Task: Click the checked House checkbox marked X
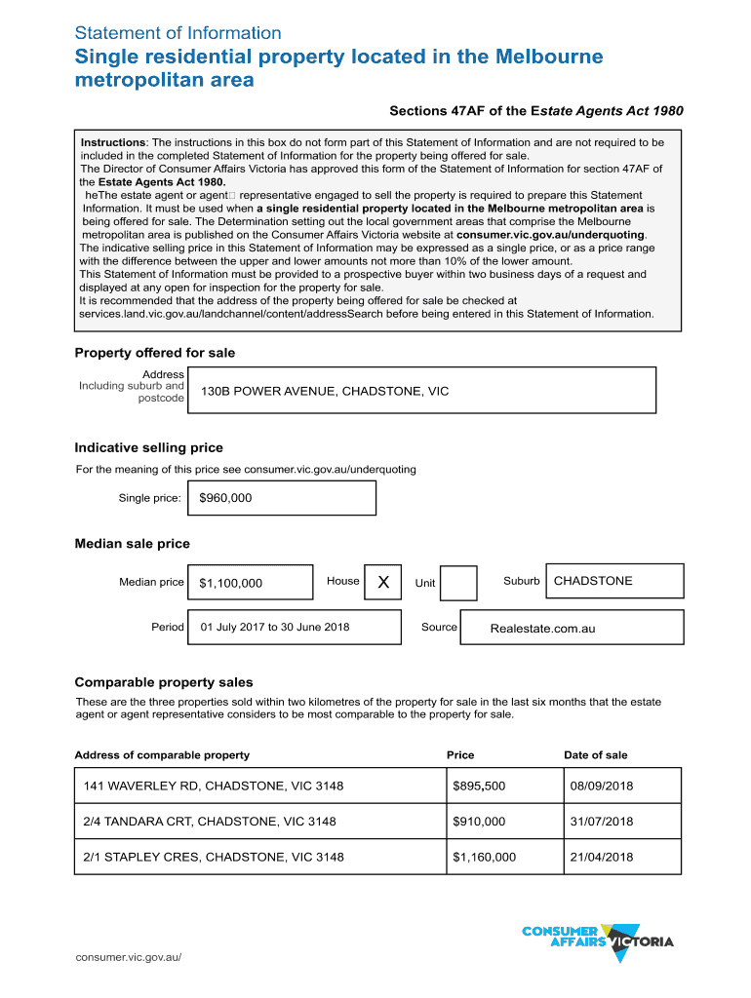[382, 583]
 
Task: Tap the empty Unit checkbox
[458, 583]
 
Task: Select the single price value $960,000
[225, 498]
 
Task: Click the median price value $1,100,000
[231, 584]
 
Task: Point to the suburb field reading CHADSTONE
[593, 581]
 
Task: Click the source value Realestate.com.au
[542, 629]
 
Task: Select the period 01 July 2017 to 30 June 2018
[275, 627]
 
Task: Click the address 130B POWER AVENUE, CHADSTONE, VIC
[325, 391]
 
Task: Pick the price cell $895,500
[479, 786]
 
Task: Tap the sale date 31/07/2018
[602, 822]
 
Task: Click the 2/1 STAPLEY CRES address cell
[214, 858]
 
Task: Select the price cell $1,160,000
[484, 858]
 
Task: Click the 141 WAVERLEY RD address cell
[214, 786]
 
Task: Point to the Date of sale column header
[595, 755]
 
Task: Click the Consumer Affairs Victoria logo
[597, 940]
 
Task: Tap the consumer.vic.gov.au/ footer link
[129, 956]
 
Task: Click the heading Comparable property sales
[164, 682]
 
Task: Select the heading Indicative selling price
[149, 448]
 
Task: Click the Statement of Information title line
[178, 33]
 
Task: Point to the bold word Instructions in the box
[113, 142]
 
